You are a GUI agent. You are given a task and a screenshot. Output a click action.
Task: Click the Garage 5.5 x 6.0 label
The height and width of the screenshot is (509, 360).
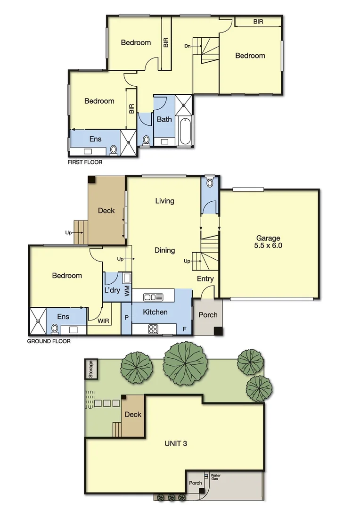coord(268,242)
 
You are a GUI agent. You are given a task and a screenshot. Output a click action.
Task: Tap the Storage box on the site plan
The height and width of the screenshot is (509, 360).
coord(91,369)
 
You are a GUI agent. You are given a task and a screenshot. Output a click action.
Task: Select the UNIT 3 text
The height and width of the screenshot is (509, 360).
coord(175,443)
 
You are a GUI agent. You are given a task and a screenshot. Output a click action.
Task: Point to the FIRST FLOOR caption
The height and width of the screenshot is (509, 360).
coord(85,162)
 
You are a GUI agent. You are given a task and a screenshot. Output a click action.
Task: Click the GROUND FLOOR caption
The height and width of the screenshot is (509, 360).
coord(49,341)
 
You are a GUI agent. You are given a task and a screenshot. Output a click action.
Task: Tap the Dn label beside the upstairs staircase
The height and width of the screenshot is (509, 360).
coord(188,46)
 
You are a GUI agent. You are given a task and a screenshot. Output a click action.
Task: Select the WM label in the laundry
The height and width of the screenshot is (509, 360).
coord(126,291)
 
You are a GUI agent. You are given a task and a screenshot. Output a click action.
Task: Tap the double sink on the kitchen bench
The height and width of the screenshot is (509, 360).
coord(154,297)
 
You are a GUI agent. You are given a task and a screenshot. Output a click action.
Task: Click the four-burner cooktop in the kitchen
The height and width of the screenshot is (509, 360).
coord(154,329)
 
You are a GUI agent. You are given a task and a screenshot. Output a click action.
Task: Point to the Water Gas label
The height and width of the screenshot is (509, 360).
coord(215,477)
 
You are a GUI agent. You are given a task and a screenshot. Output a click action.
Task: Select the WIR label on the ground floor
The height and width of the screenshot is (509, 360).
coord(104,321)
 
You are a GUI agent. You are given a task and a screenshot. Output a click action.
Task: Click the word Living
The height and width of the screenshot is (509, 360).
coord(164,201)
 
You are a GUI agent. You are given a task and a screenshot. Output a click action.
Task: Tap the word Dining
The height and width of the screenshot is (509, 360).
coord(164,250)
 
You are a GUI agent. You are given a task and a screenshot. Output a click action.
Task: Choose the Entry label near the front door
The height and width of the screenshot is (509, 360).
coord(205,279)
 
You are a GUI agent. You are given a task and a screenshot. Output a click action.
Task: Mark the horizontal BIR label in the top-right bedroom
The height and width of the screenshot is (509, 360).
coord(258,22)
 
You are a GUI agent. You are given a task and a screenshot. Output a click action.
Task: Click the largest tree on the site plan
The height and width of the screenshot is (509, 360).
coord(185,364)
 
